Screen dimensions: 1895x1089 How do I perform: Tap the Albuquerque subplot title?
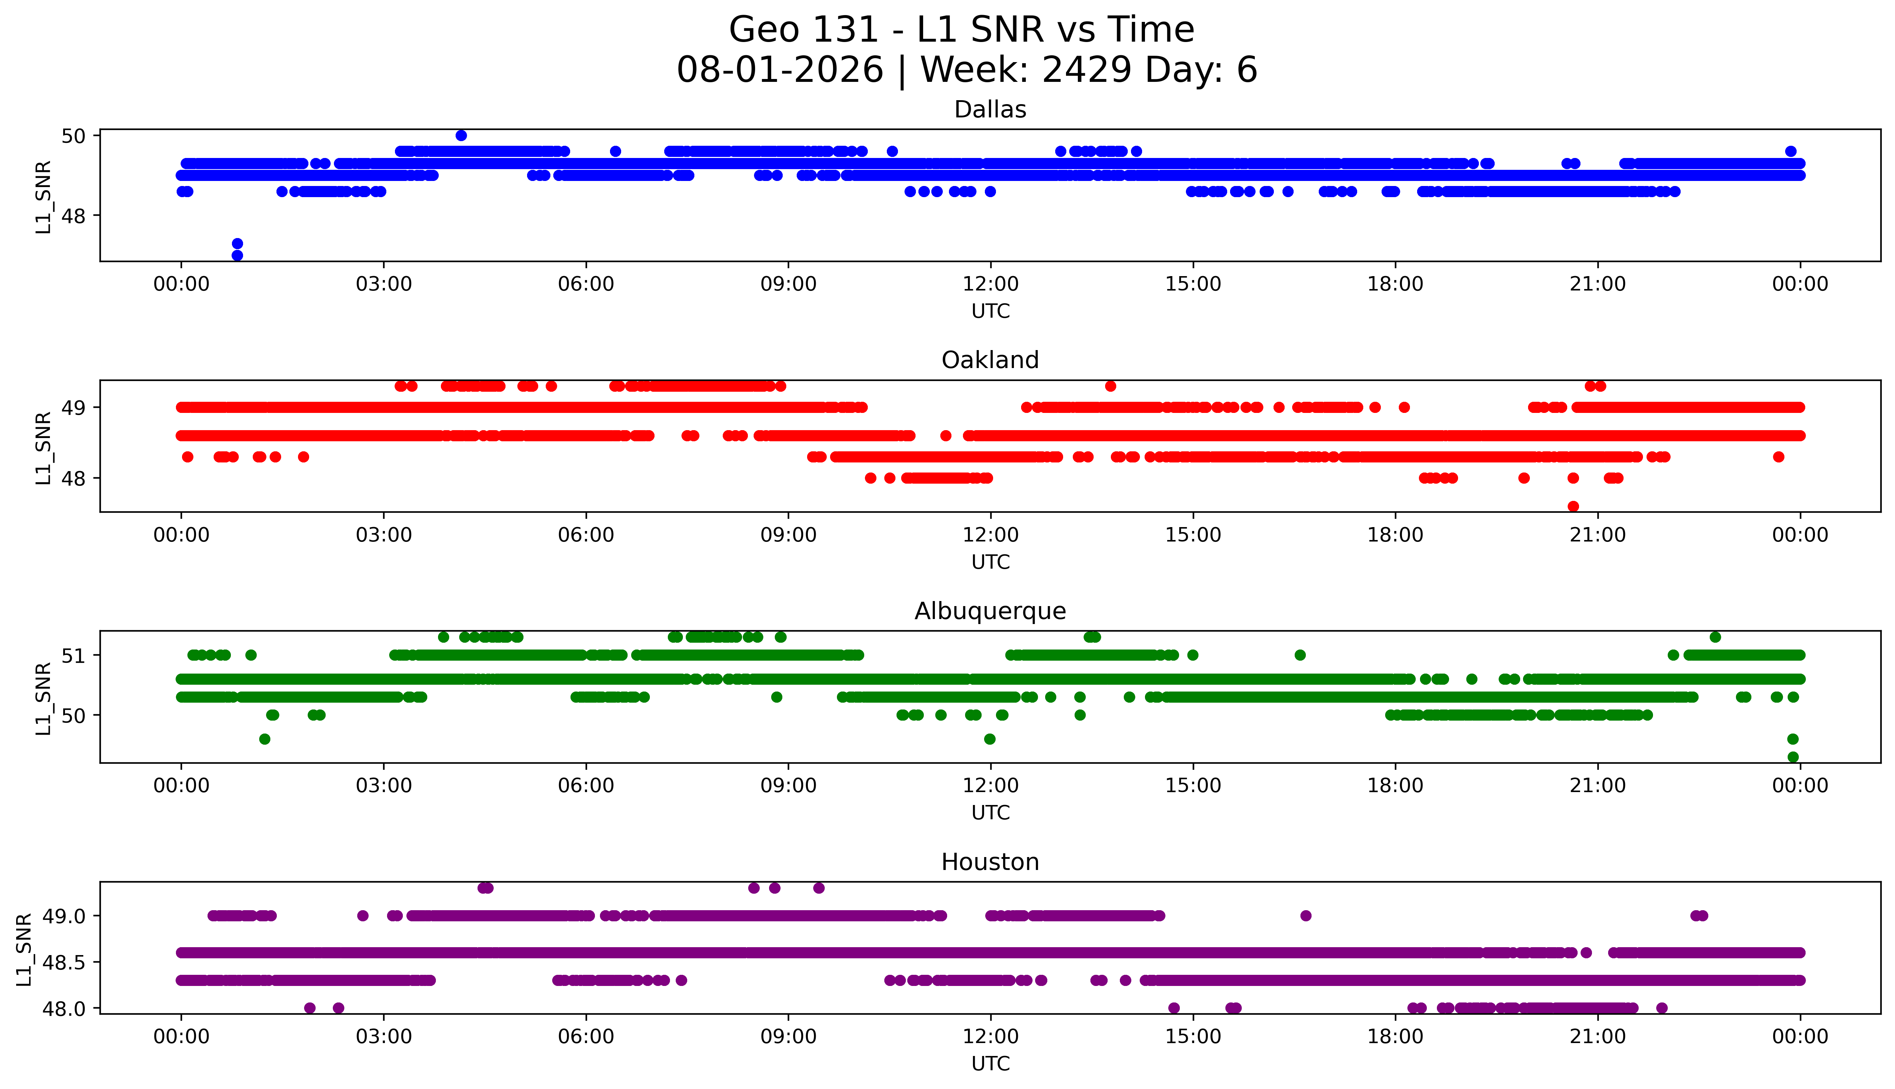coord(990,611)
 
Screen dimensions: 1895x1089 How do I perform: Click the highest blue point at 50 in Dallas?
coord(461,135)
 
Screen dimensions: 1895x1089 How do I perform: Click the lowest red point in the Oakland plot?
coord(1573,506)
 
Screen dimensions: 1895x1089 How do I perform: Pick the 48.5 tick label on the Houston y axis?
coord(65,962)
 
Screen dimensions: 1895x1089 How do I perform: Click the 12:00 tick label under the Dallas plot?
coord(991,284)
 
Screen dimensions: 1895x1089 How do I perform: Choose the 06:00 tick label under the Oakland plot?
coord(586,535)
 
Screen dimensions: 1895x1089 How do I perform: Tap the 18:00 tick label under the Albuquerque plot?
coord(1396,785)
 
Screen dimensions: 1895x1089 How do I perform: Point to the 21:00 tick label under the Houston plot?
coord(1598,1037)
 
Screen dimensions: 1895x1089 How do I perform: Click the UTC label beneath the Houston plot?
coord(991,1064)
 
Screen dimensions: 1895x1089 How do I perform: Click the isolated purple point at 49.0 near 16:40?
coord(1306,916)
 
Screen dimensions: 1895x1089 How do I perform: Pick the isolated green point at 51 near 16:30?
coord(1300,655)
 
